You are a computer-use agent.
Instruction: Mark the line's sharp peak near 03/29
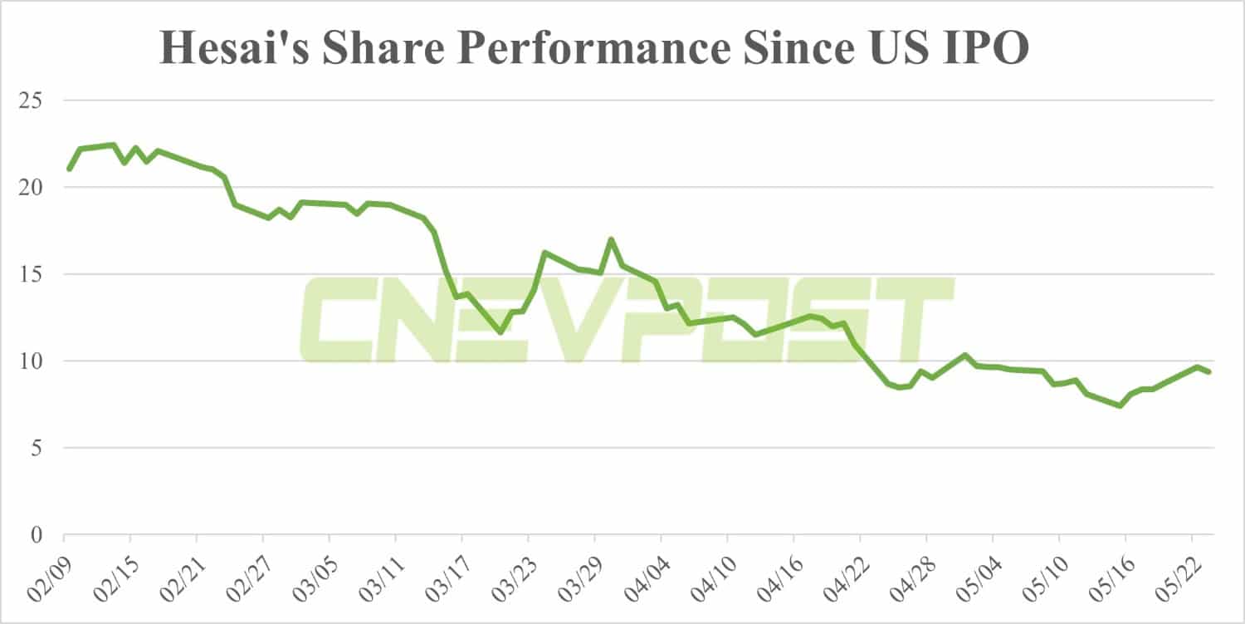[x=611, y=239]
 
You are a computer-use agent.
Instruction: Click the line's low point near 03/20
[x=500, y=332]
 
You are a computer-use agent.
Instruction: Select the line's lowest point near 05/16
[x=1120, y=405]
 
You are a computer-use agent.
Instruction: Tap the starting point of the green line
[x=69, y=170]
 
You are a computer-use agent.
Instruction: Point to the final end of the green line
[x=1209, y=372]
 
